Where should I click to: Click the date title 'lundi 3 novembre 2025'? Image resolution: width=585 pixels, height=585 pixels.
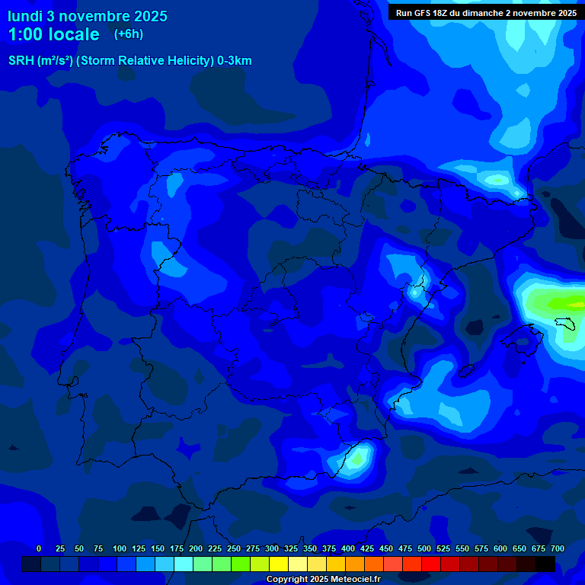coord(88,16)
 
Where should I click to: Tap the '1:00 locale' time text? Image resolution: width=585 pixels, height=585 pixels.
coord(53,34)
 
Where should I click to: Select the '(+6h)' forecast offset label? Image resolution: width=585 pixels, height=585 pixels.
coord(129,34)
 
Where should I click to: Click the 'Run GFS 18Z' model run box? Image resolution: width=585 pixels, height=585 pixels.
coord(486,12)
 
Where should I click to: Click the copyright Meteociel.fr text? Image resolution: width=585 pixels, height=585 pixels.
coord(323,579)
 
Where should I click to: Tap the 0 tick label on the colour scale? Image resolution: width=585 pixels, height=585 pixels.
coord(39,548)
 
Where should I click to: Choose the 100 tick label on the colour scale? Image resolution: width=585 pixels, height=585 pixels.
coord(120,548)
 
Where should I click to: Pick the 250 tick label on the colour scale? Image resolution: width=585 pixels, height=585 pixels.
coord(234,548)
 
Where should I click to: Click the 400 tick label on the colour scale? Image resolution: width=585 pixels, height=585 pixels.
coord(348,548)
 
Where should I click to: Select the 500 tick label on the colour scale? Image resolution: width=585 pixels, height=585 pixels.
coord(424,548)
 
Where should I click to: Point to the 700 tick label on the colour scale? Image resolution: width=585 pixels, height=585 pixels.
coord(558,548)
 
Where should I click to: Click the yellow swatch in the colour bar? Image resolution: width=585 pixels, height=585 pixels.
coord(278,564)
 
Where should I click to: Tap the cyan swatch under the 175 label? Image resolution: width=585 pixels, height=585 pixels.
coord(183,564)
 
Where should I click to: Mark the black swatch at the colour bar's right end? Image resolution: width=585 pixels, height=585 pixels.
coord(545,564)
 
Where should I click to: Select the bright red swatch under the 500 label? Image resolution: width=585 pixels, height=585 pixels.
coord(430,564)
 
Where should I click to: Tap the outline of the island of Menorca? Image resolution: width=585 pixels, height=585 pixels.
coord(571,326)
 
